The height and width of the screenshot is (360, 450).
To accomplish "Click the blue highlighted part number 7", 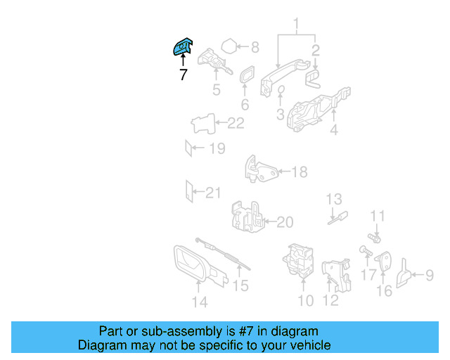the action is pos(183,46).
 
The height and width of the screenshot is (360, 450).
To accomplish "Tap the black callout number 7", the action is pos(184,75).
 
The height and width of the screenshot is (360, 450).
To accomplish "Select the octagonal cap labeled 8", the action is pos(229,46).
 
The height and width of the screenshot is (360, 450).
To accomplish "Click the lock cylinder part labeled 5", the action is pos(214,61).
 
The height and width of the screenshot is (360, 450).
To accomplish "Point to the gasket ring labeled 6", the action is pos(247,74).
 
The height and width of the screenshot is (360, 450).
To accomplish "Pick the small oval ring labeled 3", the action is pos(281,89).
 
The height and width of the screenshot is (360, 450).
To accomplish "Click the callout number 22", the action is pos(236,123).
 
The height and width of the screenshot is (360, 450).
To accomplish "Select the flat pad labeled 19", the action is pos(188,148).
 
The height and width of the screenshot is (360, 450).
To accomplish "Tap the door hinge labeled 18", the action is pos(260,169).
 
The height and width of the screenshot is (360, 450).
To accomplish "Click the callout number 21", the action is pos(213,193).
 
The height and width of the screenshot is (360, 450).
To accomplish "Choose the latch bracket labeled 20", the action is pos(247,217).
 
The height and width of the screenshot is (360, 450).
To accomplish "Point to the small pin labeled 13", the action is pos(338,218).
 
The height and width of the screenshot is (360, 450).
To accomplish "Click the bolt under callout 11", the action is pos(374,238).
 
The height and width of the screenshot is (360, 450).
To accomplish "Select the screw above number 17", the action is pos(366,251).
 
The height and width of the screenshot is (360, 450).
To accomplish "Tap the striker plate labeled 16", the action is pos(383,261).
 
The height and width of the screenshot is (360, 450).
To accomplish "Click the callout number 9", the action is pos(430,275).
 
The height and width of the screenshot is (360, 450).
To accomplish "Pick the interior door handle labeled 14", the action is pos(200,266).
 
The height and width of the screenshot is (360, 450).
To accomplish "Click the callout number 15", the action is pos(240,285).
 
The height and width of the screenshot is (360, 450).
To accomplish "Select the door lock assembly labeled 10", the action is pos(298,261).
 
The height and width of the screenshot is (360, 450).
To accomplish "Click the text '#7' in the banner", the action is pos(245,331).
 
